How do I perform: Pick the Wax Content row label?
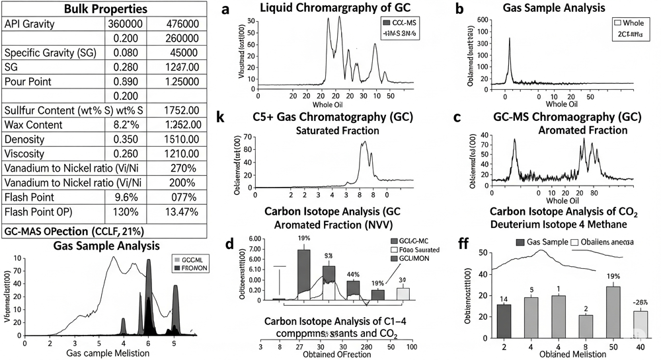35,125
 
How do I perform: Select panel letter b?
459,10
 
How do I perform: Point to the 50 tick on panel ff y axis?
484,253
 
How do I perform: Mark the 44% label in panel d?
353,274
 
